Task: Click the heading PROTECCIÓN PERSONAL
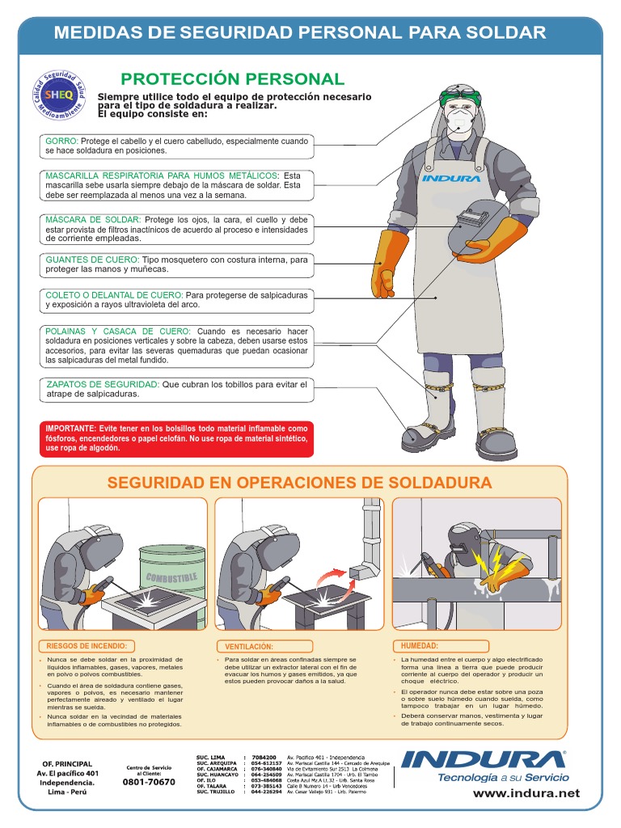coord(232,79)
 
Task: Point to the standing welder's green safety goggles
coord(465,102)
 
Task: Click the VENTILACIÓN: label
coord(249,647)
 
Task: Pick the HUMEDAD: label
coord(419,645)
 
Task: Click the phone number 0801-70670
coord(149,782)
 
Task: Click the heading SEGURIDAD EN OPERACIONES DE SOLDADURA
coord(299,483)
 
